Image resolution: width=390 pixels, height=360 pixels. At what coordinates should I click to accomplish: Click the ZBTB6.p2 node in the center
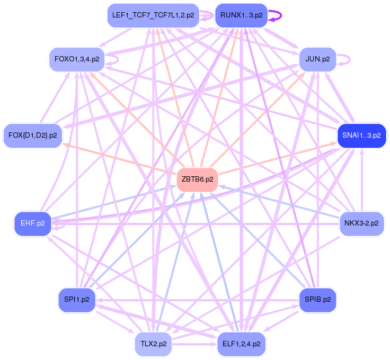click(x=198, y=179)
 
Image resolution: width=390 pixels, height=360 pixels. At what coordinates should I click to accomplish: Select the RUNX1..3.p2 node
click(x=241, y=15)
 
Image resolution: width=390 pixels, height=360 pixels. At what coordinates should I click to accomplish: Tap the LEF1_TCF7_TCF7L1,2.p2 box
click(x=153, y=15)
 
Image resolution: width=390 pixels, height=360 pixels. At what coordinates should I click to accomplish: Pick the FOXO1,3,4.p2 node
click(x=77, y=59)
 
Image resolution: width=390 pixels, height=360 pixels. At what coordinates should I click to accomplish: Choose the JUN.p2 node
click(x=318, y=59)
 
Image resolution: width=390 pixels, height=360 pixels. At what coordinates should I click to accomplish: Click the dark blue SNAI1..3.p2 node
click(x=362, y=135)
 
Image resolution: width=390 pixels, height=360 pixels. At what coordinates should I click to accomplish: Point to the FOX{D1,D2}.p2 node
click(x=33, y=135)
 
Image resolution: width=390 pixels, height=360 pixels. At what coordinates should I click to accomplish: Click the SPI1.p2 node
click(x=77, y=299)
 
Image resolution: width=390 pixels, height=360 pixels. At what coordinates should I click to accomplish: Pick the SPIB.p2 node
click(x=318, y=299)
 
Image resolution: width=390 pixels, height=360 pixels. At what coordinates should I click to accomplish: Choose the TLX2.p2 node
click(x=153, y=344)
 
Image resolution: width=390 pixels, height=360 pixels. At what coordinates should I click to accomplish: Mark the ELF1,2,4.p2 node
click(x=241, y=344)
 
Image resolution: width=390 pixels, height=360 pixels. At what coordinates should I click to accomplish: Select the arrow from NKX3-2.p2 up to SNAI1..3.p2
click(x=362, y=180)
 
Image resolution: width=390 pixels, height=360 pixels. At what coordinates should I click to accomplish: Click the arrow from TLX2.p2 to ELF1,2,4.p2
click(x=193, y=344)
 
